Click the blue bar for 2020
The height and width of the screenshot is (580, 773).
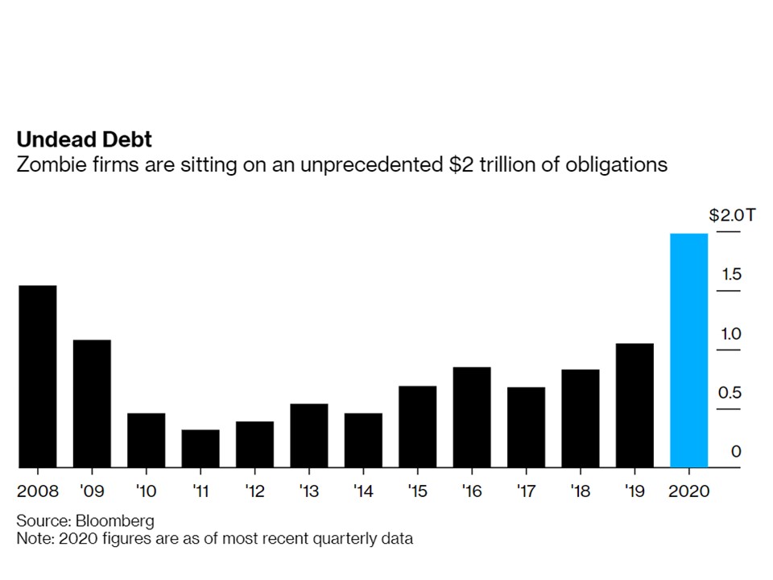tap(688, 350)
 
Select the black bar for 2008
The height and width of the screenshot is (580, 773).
tap(38, 376)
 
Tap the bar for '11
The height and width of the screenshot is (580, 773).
tap(200, 449)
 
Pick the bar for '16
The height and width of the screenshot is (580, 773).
tap(472, 417)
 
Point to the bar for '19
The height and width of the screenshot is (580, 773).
tap(635, 405)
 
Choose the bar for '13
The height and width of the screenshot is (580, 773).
tap(309, 436)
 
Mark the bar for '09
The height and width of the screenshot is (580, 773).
tap(92, 404)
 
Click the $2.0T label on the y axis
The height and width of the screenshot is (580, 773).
tap(732, 215)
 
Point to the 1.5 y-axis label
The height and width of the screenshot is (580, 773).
tap(732, 274)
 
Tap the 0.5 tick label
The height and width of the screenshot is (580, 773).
tap(730, 392)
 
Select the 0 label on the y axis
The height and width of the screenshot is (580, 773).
tap(736, 451)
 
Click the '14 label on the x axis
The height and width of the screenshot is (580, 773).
tap(363, 491)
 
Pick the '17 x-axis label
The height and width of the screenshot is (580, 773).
tap(526, 491)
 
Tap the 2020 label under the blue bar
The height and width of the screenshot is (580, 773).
tap(688, 491)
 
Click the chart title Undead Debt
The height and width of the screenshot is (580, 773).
tap(85, 139)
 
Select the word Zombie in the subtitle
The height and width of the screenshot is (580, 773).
tap(52, 164)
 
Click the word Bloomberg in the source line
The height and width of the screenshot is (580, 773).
tap(115, 521)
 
